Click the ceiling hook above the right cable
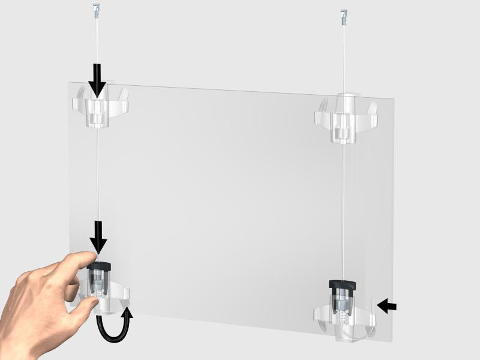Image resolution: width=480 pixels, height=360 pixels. point(343,14)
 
